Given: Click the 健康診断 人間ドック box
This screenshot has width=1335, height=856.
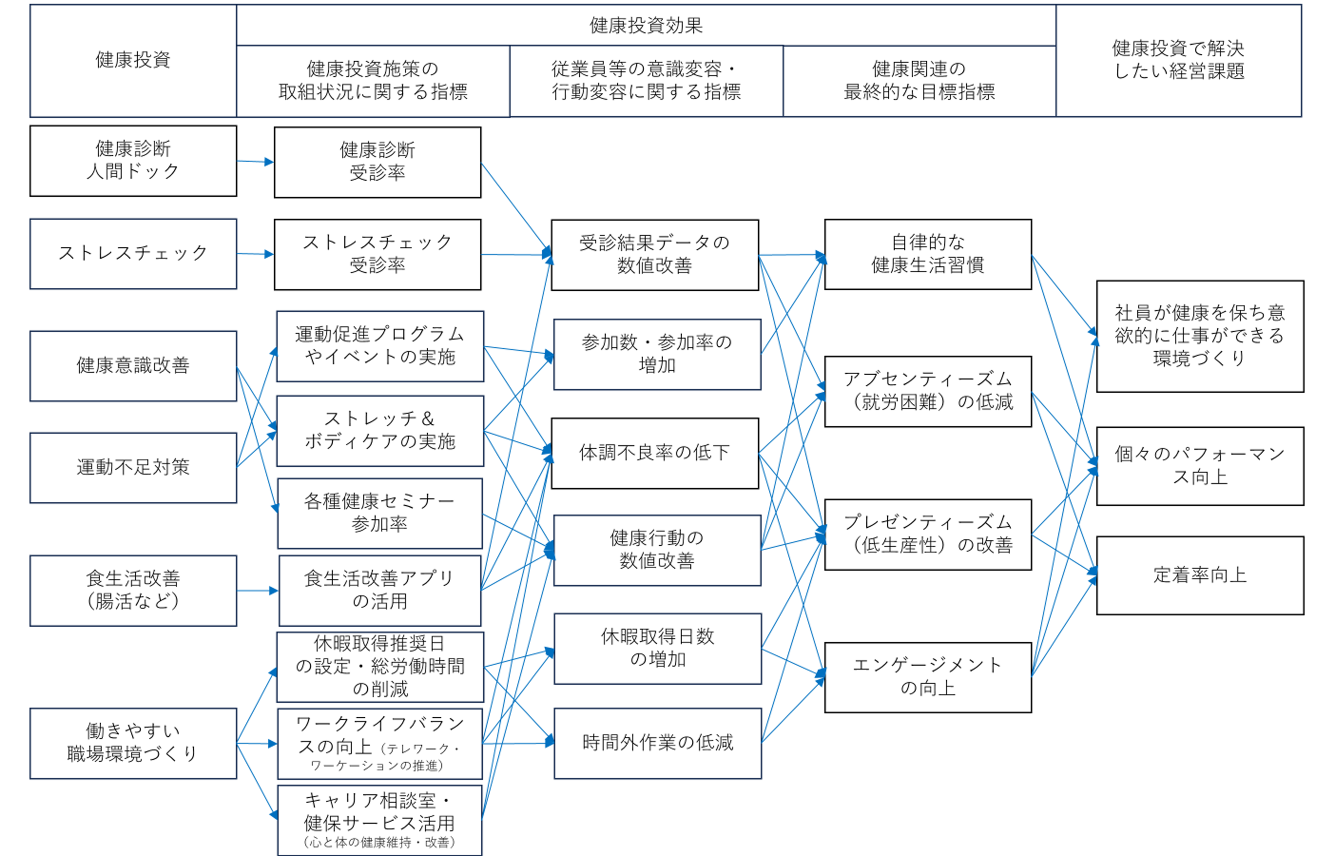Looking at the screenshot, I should coord(133,161).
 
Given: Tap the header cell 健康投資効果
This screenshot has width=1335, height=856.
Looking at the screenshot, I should coord(646,26).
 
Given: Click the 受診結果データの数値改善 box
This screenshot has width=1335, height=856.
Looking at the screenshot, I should coord(655,254).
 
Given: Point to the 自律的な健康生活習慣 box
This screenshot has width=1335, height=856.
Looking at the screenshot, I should coord(927,254).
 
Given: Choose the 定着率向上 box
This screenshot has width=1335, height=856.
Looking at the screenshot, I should coord(1200,575).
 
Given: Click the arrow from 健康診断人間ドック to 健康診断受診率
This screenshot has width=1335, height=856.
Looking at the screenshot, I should coord(255,162).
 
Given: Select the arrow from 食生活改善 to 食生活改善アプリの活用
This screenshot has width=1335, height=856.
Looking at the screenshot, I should coord(257,590).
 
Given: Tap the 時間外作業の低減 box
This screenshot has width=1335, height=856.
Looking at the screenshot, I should coord(657,743).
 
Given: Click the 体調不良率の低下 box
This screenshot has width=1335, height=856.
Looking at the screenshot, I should coord(655,453).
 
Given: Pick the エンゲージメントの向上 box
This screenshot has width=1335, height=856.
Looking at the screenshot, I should coord(927,677).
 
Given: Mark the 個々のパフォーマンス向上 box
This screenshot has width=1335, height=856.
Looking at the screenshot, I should coord(1200,466).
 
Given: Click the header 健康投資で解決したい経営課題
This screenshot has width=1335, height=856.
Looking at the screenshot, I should coord(1178,60).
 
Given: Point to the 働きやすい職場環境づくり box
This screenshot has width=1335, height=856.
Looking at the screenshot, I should coord(133,743).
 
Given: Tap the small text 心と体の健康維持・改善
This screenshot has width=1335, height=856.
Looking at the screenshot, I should coord(379,843).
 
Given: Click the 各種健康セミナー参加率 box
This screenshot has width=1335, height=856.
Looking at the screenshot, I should coord(379,513).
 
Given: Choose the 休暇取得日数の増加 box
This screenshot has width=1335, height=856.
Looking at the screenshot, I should coord(657,648).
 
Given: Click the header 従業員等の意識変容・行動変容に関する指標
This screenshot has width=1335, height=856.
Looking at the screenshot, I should coord(646,80).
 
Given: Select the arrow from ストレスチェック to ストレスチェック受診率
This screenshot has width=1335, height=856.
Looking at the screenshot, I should coord(255,254).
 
